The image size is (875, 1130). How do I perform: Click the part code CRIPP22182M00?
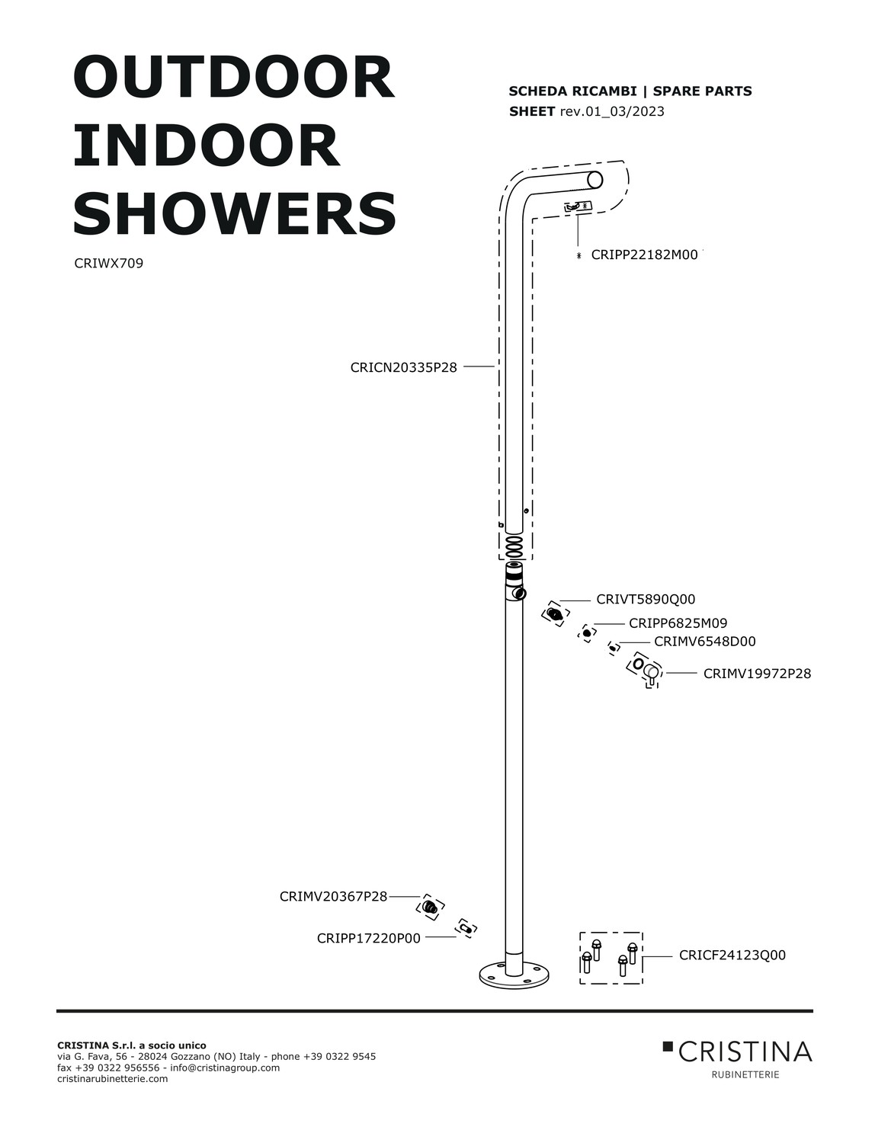pyautogui.click(x=644, y=254)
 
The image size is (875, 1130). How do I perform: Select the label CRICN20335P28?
pyautogui.click(x=404, y=367)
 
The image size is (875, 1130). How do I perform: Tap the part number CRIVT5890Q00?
pyautogui.click(x=646, y=599)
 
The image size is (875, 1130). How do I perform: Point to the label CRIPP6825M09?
pyautogui.click(x=678, y=623)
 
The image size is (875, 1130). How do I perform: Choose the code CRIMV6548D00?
pyautogui.click(x=704, y=641)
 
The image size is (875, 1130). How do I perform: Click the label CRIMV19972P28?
pyautogui.click(x=757, y=674)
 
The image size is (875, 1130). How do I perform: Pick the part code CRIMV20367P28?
pyautogui.click(x=333, y=897)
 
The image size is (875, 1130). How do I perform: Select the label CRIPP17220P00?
pyautogui.click(x=368, y=938)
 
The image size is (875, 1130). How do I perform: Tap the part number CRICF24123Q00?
pyautogui.click(x=732, y=955)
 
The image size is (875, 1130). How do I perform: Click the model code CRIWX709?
pyautogui.click(x=108, y=263)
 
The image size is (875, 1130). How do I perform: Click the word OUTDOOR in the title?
pyautogui.click(x=233, y=78)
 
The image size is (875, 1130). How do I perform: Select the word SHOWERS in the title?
pyautogui.click(x=235, y=213)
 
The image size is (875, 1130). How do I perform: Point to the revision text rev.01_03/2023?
pyautogui.click(x=612, y=111)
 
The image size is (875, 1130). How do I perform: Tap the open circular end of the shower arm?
pyautogui.click(x=595, y=180)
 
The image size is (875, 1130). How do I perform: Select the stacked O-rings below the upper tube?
pyautogui.click(x=514, y=547)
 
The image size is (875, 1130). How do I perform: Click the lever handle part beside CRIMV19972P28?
pyautogui.click(x=651, y=674)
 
